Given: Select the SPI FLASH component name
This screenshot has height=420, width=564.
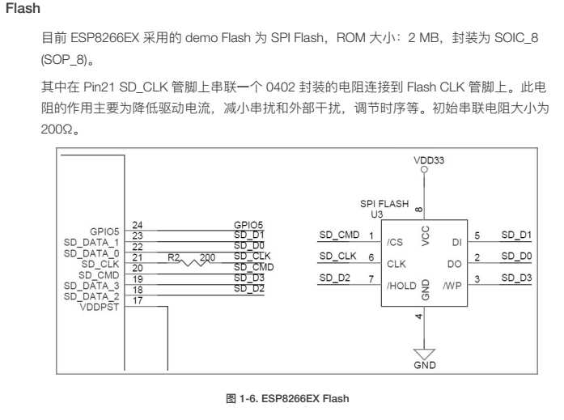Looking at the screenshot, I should (x=384, y=204).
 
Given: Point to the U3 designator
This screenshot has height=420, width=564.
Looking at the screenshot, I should (x=375, y=215).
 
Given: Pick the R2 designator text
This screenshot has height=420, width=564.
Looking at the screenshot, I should (x=173, y=257).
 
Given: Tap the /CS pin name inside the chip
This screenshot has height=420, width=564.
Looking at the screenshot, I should (x=394, y=241).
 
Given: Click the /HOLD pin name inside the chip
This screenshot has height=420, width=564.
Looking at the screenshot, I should (x=401, y=285).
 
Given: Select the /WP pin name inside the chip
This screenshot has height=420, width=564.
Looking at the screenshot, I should (x=453, y=285).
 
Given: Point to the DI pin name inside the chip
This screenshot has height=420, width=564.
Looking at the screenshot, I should (x=456, y=241).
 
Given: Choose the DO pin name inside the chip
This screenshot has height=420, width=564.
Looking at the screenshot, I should (x=454, y=263).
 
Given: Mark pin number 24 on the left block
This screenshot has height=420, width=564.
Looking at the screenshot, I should (x=137, y=225).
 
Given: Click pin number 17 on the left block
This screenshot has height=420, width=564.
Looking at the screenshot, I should (x=137, y=301).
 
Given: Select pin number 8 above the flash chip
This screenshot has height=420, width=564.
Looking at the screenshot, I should (x=417, y=212).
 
